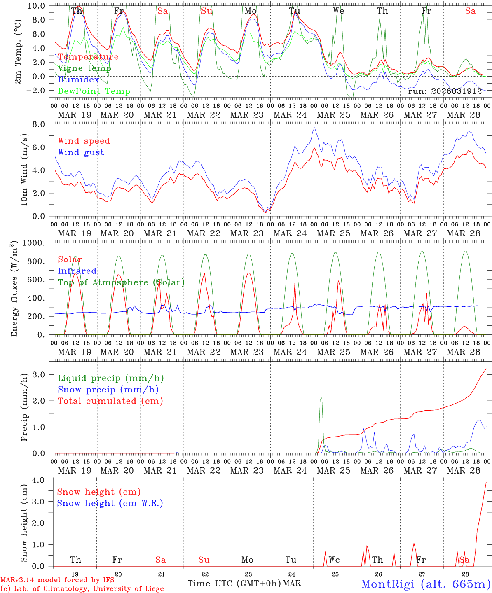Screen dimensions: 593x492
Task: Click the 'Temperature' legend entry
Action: click(88, 57)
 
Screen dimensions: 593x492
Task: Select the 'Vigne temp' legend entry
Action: click(84, 68)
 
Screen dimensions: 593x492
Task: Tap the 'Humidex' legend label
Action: click(78, 80)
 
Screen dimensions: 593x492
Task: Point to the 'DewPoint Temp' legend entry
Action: click(94, 91)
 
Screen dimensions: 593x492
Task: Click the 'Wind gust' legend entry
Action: click(81, 152)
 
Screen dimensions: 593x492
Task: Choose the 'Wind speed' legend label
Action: click(84, 141)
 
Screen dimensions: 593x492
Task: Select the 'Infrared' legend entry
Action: click(77, 271)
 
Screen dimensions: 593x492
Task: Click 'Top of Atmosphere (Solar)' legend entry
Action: click(121, 282)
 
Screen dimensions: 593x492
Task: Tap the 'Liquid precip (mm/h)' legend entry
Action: click(111, 378)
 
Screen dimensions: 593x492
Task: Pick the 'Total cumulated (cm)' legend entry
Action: click(110, 401)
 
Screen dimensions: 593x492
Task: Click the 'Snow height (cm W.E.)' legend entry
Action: click(110, 503)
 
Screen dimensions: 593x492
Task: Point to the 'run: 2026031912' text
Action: click(445, 91)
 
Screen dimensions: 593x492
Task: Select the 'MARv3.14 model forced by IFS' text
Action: click(58, 580)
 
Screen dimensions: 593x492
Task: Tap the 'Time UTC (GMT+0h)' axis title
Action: click(234, 584)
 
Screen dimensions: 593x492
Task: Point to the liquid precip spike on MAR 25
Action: click(321, 398)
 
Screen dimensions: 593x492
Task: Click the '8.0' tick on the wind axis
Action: click(44, 124)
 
